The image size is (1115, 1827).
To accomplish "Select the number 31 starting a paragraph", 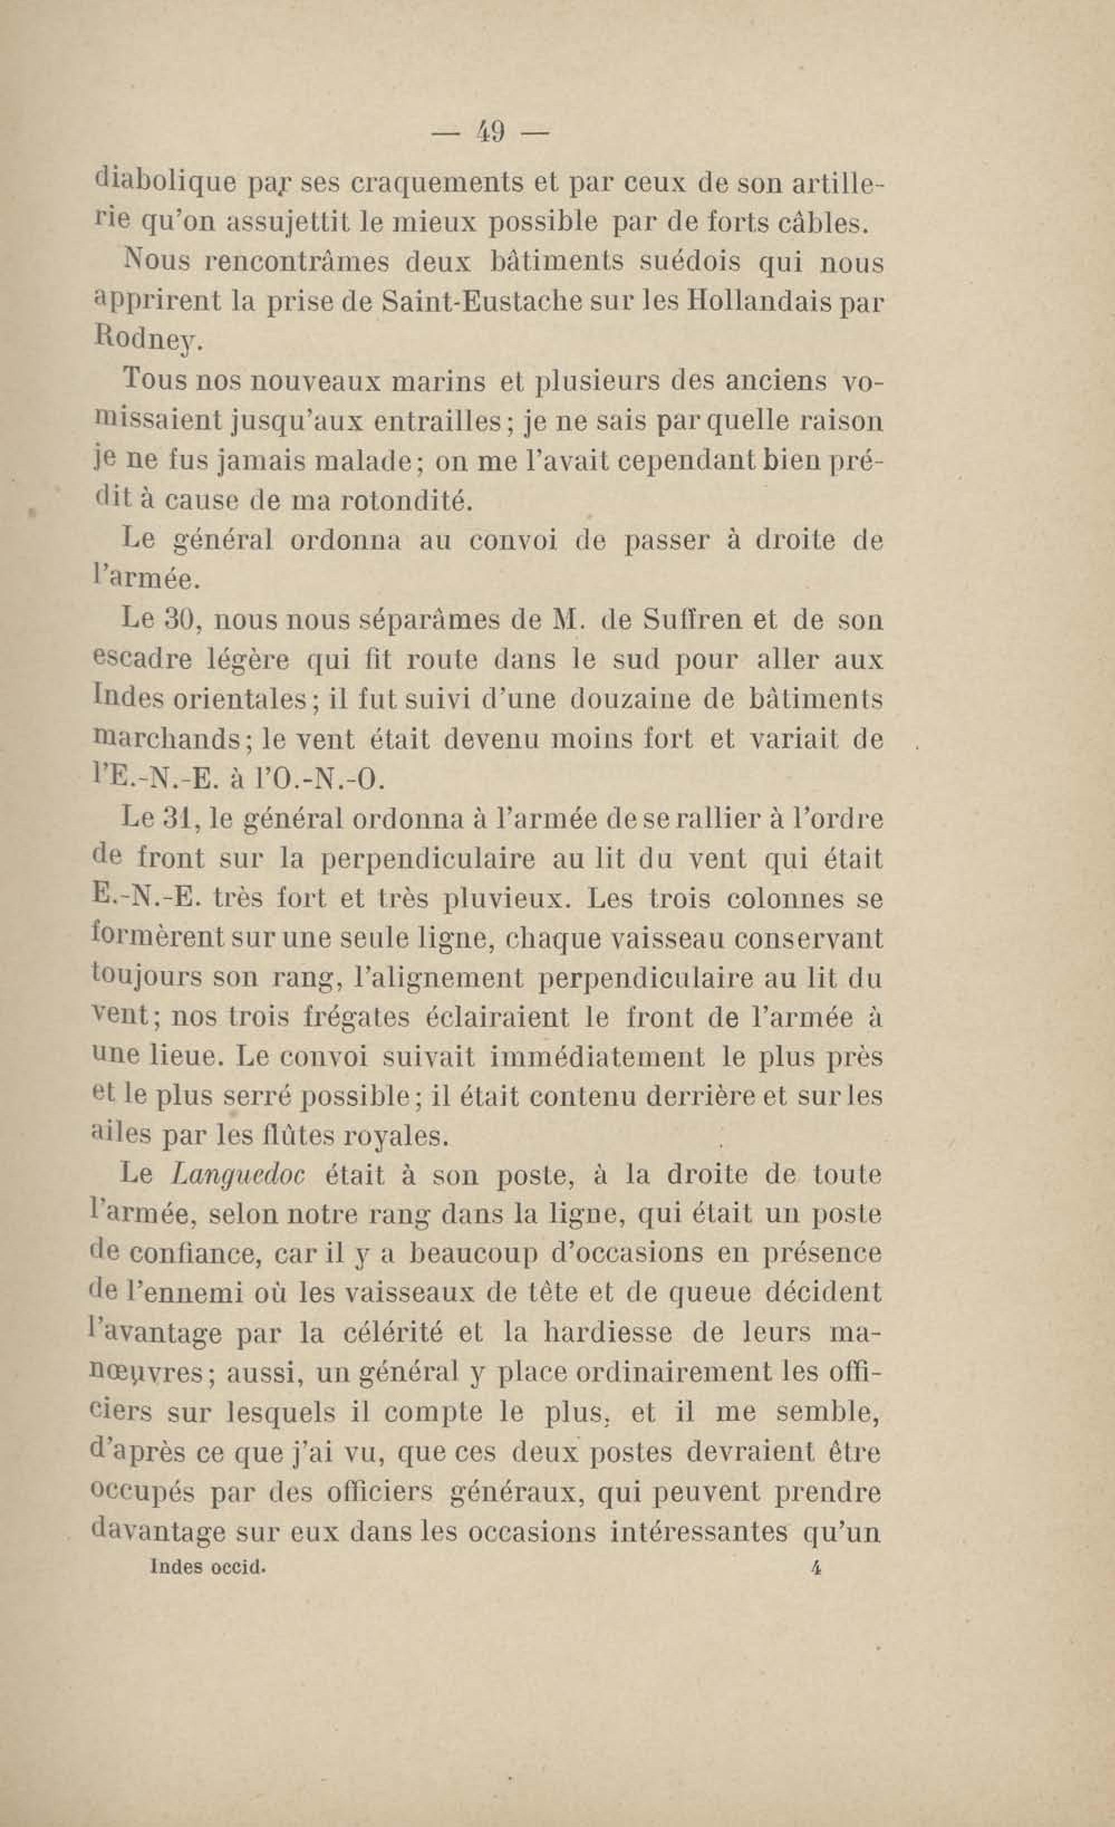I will click(178, 820).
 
